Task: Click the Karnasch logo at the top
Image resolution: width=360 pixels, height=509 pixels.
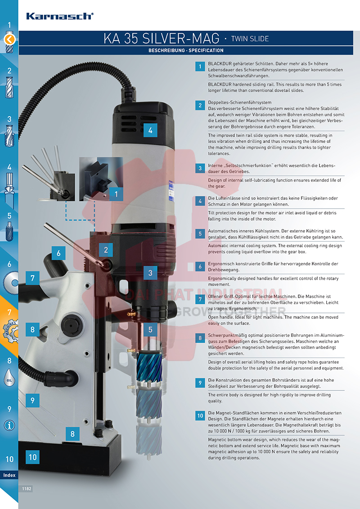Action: coord(60,16)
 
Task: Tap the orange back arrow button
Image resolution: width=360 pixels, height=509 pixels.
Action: coord(9,40)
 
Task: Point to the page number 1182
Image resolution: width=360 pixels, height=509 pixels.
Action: coord(27,489)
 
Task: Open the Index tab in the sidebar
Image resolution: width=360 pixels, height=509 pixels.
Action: coord(9,475)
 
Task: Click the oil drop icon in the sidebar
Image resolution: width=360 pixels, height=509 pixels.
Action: coord(9,378)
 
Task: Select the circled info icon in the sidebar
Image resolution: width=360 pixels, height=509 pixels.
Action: coord(9,425)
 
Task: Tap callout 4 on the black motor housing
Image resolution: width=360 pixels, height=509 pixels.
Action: coord(150,130)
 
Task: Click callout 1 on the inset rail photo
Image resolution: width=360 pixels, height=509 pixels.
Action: coord(116,194)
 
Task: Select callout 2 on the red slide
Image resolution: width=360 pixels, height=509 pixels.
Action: coord(106,250)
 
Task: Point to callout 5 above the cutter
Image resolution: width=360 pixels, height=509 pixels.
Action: coord(150,330)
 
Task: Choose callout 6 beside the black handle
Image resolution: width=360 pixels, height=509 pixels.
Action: coord(58,253)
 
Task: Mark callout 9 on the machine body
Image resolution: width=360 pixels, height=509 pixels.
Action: coord(32,400)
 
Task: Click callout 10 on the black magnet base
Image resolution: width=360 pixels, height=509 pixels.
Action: coord(32,457)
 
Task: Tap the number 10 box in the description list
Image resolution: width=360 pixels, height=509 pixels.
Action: coord(200,416)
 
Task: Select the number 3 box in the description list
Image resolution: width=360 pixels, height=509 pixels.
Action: coord(200,168)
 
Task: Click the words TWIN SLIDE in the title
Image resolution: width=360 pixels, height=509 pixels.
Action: coord(250,39)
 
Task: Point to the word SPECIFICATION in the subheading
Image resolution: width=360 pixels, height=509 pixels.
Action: coord(206,50)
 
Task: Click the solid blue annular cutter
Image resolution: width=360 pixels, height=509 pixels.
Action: coord(149,367)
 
